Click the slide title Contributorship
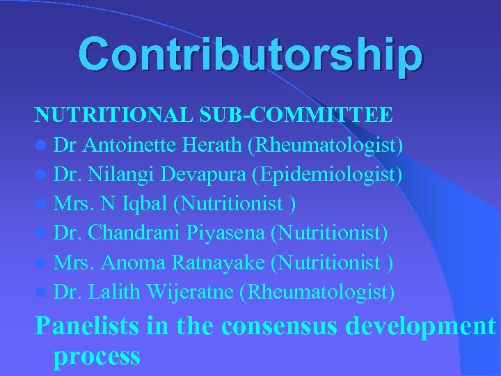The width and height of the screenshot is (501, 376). coord(250,55)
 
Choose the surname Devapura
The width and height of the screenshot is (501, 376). coord(208,175)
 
